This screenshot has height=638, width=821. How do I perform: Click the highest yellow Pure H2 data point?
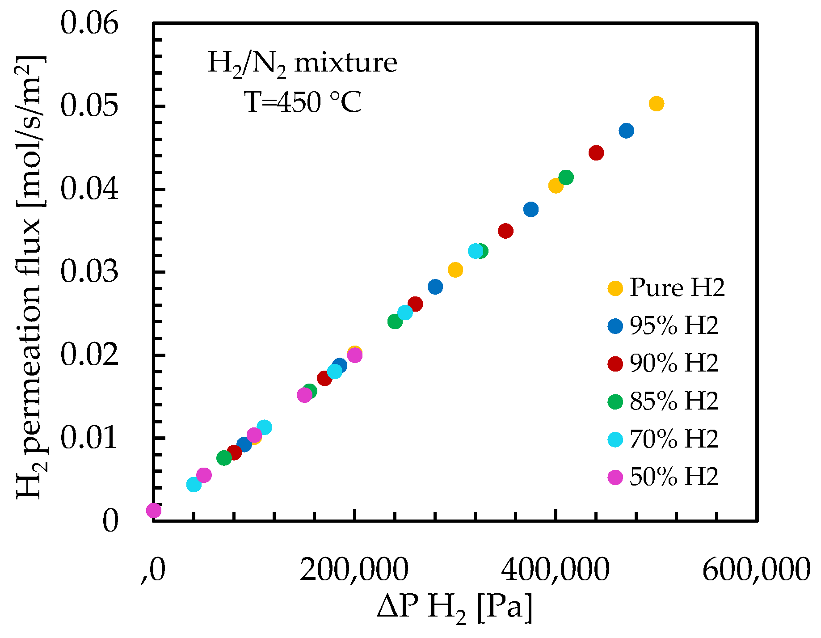pos(656,104)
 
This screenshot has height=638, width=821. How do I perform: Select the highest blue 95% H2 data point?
pos(626,131)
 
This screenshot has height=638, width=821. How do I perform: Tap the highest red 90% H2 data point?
pos(596,153)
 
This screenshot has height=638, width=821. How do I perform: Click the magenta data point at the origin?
pos(153,510)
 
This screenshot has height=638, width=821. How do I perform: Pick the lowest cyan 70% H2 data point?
pos(194,485)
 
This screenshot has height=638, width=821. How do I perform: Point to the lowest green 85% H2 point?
pos(224,458)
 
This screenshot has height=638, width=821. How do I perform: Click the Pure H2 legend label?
pos(677,287)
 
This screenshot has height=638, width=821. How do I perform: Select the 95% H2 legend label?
pos(674,325)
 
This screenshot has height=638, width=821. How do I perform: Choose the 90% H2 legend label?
pos(674,363)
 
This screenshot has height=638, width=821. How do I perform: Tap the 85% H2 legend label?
pos(674,401)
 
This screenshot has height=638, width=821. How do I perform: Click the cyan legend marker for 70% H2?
pos(615,439)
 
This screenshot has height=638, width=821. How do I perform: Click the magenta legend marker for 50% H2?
pos(615,477)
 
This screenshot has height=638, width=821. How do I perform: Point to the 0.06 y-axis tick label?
pos(89,23)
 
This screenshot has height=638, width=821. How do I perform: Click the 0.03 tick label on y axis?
pos(89,271)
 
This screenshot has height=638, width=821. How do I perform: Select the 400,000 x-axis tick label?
pos(555,570)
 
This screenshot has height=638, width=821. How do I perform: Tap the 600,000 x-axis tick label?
pos(756,570)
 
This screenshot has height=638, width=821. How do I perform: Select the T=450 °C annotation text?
pos(303,102)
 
